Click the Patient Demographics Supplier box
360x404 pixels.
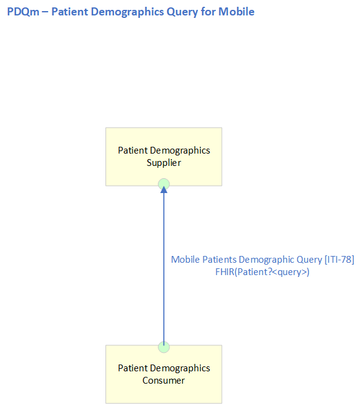click(164, 157)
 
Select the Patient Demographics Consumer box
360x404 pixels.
click(164, 374)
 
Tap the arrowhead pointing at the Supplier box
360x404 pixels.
click(164, 189)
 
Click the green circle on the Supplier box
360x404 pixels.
click(164, 184)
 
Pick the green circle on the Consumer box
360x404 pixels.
click(164, 347)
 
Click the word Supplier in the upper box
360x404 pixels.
click(164, 163)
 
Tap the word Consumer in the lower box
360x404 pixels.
click(164, 381)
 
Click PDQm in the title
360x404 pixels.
click(23, 12)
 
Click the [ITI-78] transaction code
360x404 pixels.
click(340, 260)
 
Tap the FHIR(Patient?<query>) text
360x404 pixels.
click(263, 272)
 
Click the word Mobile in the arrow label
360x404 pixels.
click(186, 260)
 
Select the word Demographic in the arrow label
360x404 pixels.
click(266, 260)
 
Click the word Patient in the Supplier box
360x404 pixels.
click(133, 150)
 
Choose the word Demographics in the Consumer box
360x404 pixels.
click(180, 368)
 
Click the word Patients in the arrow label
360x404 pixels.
click(219, 260)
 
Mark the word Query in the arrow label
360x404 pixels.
click(309, 260)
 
